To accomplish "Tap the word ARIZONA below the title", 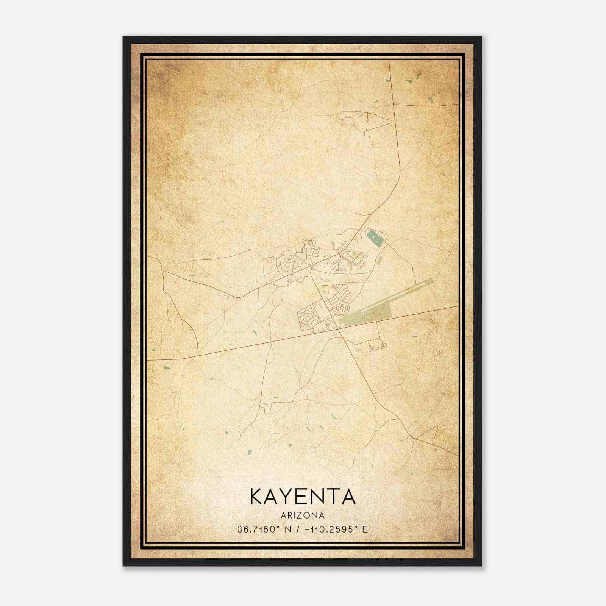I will [303, 515].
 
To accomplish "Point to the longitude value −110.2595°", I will [331, 529].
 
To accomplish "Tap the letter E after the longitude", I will [365, 529].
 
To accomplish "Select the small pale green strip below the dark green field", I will [380, 260].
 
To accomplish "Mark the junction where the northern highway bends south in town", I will [311, 268].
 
